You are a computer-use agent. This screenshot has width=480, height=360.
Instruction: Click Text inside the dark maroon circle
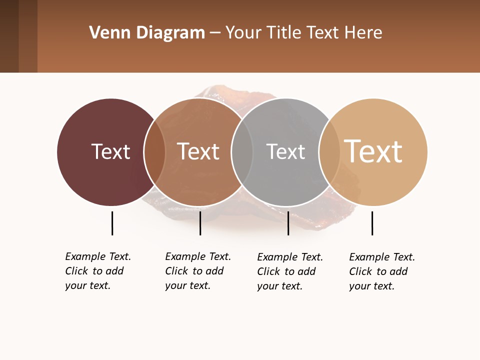110,151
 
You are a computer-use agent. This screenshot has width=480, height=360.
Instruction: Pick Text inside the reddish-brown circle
198,151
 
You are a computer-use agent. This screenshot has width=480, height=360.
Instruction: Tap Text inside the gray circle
285,151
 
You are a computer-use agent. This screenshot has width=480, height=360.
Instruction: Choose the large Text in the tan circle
373,151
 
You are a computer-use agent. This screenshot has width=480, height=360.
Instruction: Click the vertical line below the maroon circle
112,223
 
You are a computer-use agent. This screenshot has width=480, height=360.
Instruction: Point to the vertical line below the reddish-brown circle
200,223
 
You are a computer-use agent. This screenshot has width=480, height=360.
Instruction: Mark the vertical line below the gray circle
288,223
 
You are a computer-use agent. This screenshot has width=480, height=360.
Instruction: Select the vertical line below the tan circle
372,223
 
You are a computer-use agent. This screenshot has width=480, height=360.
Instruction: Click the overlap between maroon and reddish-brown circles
154,152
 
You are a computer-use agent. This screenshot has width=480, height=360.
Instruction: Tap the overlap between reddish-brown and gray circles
242,152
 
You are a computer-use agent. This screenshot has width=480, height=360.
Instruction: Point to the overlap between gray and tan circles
329,152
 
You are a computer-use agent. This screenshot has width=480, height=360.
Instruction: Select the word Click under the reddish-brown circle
177,271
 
